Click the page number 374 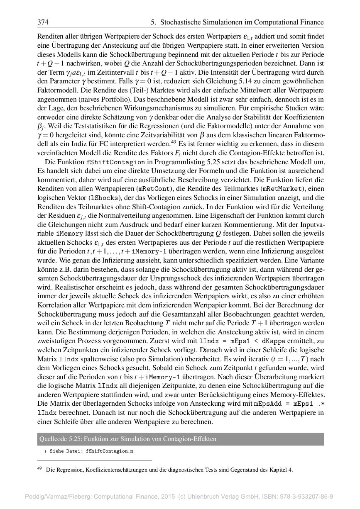click(43, 22)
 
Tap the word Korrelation click(53, 305)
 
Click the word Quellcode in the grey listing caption click(52, 439)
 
